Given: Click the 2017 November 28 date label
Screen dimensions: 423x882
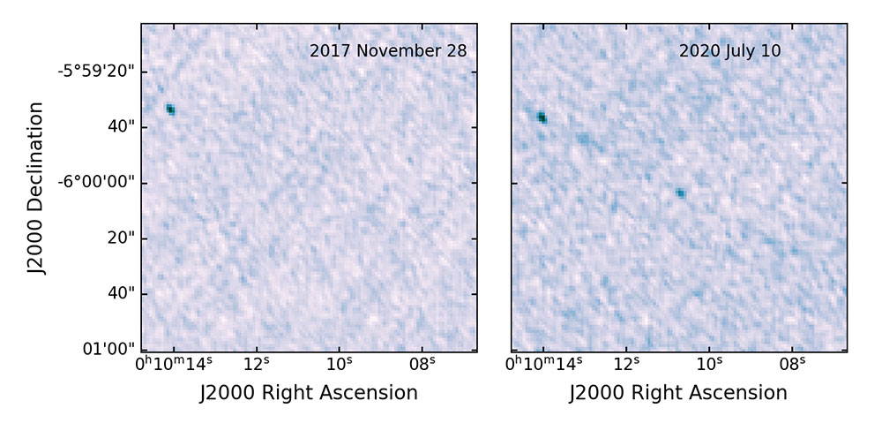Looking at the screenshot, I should point(388,51).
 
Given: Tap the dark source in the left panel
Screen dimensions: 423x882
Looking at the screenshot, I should point(171,110).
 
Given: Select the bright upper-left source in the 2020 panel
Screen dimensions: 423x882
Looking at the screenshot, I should point(542,117).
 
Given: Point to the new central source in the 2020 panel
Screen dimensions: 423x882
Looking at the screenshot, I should point(680,193).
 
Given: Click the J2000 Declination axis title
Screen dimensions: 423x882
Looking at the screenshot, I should point(36,187).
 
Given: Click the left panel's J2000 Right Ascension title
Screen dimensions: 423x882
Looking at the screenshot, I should point(309,392).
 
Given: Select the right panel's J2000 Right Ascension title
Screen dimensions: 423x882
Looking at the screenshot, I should point(678,392).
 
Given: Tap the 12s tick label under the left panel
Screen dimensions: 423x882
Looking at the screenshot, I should point(257,364).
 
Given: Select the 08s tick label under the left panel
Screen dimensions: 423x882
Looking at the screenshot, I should point(422,364).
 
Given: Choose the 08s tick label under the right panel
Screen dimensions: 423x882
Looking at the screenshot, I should point(792,364).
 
